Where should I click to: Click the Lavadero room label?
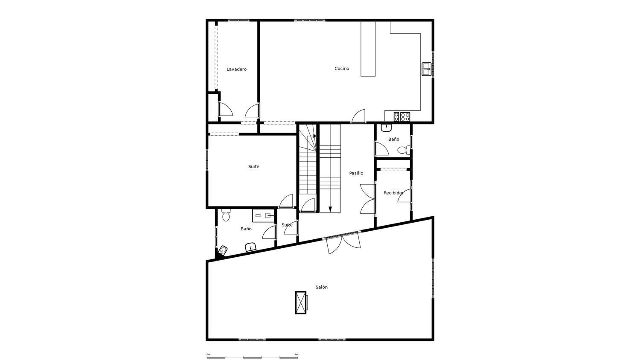point(236,69)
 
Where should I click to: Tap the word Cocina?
point(342,69)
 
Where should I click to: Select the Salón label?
point(322,287)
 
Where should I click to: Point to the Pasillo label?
point(356,173)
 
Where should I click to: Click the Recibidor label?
point(393,193)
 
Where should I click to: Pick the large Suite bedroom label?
point(254,167)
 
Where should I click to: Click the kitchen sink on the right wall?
point(426,69)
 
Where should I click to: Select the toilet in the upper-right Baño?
point(403,150)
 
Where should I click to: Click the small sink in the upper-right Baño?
point(386,127)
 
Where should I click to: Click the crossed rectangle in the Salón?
point(301,302)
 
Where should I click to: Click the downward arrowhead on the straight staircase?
point(330,209)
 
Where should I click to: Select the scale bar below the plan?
point(252,357)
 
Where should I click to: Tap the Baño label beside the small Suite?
point(246,229)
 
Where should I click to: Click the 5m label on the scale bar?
point(296,354)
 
